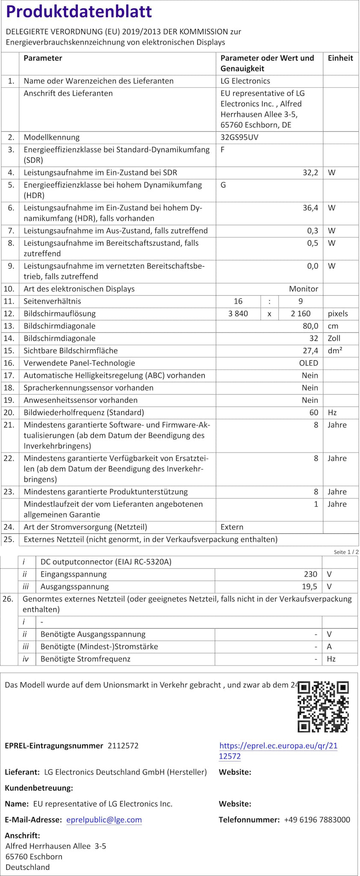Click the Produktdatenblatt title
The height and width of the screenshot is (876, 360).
click(x=79, y=12)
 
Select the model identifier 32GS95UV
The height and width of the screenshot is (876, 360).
click(x=239, y=137)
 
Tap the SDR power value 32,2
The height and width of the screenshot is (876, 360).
click(x=310, y=172)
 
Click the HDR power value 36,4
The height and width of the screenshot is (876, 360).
click(x=310, y=208)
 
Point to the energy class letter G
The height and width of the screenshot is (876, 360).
click(x=223, y=185)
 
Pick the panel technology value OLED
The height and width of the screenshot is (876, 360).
click(x=308, y=363)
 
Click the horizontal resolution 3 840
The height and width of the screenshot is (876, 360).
click(x=238, y=314)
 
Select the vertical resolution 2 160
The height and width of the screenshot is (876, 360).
click(x=301, y=314)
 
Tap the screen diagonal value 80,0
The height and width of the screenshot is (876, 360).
click(x=310, y=326)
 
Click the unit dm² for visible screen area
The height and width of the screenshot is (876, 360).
click(x=335, y=351)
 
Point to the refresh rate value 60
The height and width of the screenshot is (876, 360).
click(x=314, y=412)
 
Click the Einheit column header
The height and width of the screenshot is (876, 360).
click(x=340, y=58)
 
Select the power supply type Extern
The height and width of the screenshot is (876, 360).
click(x=232, y=527)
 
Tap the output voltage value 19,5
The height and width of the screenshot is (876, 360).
click(x=310, y=586)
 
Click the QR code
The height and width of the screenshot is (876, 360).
click(x=323, y=707)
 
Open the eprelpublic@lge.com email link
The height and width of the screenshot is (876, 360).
click(x=104, y=820)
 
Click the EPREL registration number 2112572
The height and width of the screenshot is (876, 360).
click(x=123, y=746)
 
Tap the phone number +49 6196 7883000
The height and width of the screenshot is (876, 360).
click(x=317, y=820)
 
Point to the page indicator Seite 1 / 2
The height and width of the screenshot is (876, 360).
click(x=346, y=552)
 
